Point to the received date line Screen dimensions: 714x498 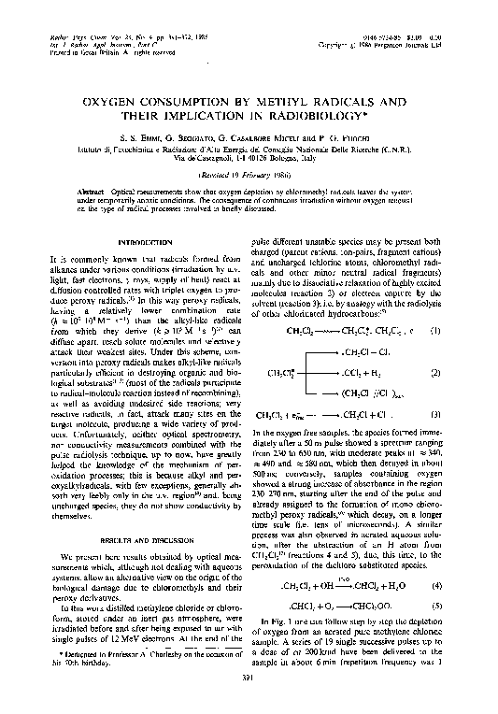click(249, 175)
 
